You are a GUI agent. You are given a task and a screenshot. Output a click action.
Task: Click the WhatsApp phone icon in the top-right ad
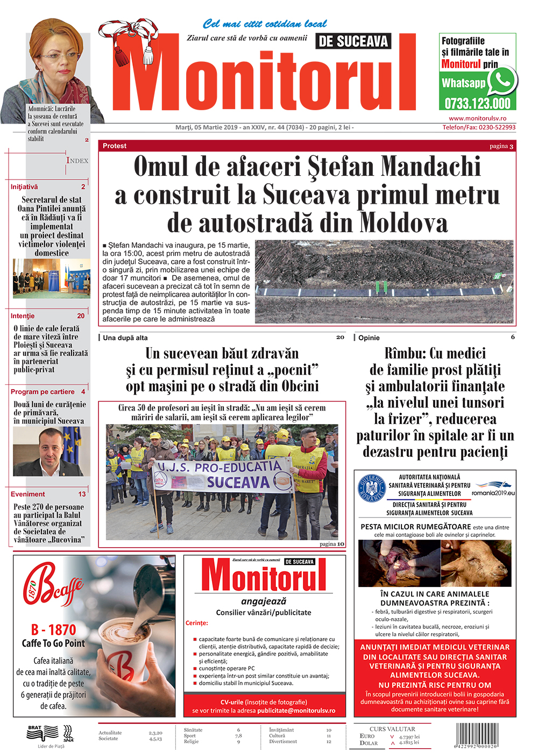pyautogui.click(x=502, y=81)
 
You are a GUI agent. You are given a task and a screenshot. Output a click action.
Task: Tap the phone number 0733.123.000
pyautogui.click(x=477, y=104)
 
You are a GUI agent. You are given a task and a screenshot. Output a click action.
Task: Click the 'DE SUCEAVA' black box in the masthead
pyautogui.click(x=353, y=41)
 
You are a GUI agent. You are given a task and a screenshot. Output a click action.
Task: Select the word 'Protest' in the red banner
pyautogui.click(x=115, y=146)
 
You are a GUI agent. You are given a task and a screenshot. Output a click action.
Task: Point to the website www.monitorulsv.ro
pyautogui.click(x=477, y=118)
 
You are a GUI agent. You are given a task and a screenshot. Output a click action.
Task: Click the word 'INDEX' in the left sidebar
pyautogui.click(x=77, y=160)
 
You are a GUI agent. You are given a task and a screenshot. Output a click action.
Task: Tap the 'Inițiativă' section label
pyautogui.click(x=24, y=187)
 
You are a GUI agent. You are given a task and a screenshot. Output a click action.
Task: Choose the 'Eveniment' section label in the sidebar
pyautogui.click(x=28, y=494)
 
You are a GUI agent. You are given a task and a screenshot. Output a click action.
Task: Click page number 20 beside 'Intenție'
pyautogui.click(x=81, y=316)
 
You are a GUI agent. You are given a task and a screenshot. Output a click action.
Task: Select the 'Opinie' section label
pyautogui.click(x=369, y=338)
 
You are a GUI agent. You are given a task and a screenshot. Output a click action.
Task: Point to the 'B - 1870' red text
pyautogui.click(x=53, y=629)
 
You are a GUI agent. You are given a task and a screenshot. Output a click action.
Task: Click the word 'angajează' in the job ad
pyautogui.click(x=264, y=601)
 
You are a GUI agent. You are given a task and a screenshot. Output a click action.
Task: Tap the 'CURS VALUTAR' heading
pyautogui.click(x=392, y=729)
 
